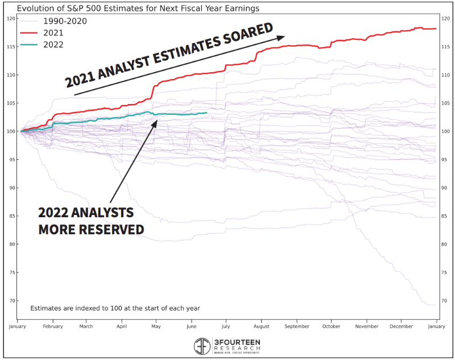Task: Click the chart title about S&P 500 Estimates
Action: point(138,9)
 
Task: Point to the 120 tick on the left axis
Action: point(12,19)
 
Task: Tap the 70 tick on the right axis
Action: point(444,301)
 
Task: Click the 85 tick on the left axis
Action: point(12,216)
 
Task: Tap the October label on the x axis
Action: point(332,326)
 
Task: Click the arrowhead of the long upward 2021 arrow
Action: point(281,38)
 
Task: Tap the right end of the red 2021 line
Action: point(436,28)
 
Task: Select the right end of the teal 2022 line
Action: point(206,113)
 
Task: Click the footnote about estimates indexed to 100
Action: point(115,308)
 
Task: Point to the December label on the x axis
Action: point(402,326)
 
